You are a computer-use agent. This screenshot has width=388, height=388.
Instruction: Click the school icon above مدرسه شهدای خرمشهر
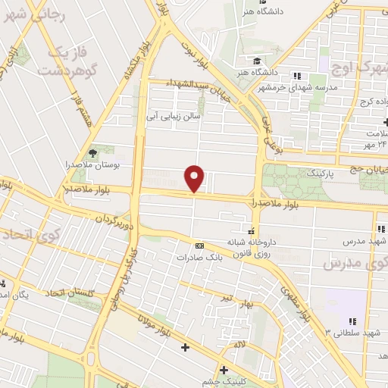(298, 76)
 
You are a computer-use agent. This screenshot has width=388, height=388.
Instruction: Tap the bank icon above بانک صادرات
(199, 246)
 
